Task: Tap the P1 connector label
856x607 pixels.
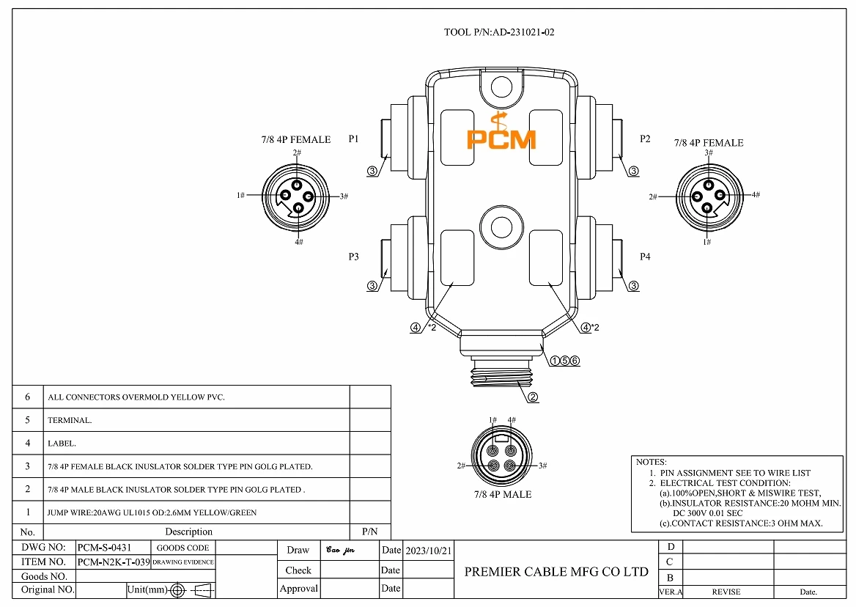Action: click(x=354, y=139)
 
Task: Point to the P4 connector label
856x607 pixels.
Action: click(x=645, y=257)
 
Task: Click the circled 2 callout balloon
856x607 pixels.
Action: click(x=533, y=398)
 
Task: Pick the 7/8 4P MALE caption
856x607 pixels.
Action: click(x=502, y=495)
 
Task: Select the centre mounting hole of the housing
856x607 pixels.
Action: click(x=501, y=224)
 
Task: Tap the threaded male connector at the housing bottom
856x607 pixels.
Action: click(x=501, y=374)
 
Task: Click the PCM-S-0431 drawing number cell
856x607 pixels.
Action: click(x=104, y=548)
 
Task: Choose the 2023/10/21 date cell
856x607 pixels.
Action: click(x=429, y=550)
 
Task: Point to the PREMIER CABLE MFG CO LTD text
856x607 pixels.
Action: click(x=556, y=572)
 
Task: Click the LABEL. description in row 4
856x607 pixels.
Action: click(x=62, y=444)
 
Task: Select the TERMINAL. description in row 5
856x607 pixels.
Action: click(x=70, y=421)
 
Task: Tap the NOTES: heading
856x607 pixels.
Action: click(x=651, y=463)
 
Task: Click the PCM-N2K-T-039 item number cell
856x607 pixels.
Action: click(x=113, y=562)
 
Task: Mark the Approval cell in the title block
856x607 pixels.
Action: click(x=298, y=589)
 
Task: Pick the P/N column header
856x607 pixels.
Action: click(x=369, y=531)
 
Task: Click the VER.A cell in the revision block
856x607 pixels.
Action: click(x=671, y=592)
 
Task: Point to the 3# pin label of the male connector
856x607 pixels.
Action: click(x=543, y=466)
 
